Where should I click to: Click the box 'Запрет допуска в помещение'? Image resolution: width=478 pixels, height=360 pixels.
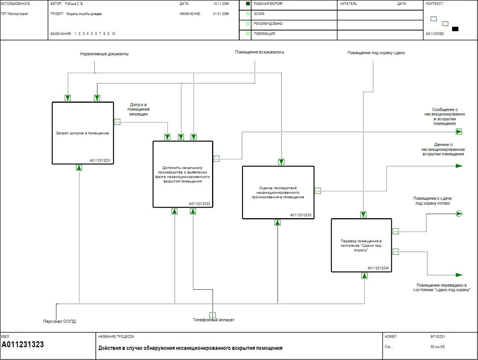click(x=82, y=133)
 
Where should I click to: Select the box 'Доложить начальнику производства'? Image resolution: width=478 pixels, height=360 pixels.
click(x=183, y=174)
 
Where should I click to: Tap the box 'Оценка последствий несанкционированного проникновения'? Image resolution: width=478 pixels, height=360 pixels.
click(x=278, y=192)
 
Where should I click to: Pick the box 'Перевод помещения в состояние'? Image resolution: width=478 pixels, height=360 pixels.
click(x=361, y=245)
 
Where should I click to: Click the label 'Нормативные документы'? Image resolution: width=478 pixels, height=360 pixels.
click(x=104, y=54)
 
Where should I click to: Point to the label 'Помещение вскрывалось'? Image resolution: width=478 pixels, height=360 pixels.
click(x=259, y=52)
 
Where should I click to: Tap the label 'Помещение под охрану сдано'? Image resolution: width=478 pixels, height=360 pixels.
click(x=376, y=53)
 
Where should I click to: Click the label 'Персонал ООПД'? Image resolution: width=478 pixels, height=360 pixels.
click(x=59, y=321)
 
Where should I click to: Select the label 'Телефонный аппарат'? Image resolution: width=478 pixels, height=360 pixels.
click(x=213, y=320)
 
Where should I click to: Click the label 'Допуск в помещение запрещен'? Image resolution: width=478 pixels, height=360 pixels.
click(x=139, y=109)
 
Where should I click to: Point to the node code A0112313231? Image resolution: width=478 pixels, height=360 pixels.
click(x=100, y=161)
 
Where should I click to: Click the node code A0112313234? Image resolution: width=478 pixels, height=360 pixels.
click(x=378, y=268)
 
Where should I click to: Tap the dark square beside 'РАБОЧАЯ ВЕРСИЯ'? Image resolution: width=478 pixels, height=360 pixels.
click(x=248, y=4)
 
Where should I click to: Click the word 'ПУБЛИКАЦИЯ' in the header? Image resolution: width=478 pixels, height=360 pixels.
click(x=264, y=34)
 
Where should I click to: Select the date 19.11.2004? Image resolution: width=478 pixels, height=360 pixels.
click(x=221, y=4)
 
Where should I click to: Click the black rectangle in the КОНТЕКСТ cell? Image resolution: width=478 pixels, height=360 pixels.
click(x=455, y=29)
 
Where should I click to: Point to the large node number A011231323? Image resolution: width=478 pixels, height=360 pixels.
click(x=23, y=345)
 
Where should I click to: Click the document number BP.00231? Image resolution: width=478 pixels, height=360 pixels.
click(x=437, y=337)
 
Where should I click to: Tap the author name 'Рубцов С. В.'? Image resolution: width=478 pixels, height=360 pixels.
click(x=74, y=4)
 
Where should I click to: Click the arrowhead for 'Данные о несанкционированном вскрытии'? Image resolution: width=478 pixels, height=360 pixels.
click(x=459, y=166)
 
